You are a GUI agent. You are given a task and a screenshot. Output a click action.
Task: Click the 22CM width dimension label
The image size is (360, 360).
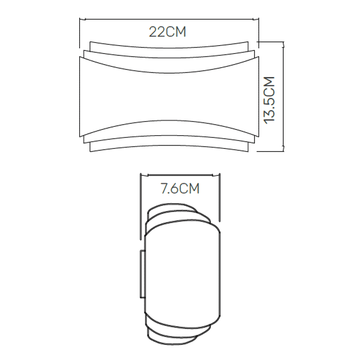click(168, 32)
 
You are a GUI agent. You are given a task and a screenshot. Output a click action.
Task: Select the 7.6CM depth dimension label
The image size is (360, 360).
click(180, 188)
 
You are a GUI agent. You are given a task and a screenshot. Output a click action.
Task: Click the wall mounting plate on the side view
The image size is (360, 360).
click(142, 274)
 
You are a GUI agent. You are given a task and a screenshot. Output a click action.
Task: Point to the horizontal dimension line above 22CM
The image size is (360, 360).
click(168, 19)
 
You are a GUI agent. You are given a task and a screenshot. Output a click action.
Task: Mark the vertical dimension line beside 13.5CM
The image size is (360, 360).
click(284, 96)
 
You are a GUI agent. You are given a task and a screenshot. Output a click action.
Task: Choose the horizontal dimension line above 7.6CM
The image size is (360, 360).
click(180, 174)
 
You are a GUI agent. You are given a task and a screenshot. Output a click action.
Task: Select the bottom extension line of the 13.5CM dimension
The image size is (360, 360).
click(270, 151)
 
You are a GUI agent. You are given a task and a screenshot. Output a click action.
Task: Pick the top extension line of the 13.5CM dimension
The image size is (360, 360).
click(270, 42)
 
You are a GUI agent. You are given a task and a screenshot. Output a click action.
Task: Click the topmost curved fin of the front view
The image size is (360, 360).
click(168, 45)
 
